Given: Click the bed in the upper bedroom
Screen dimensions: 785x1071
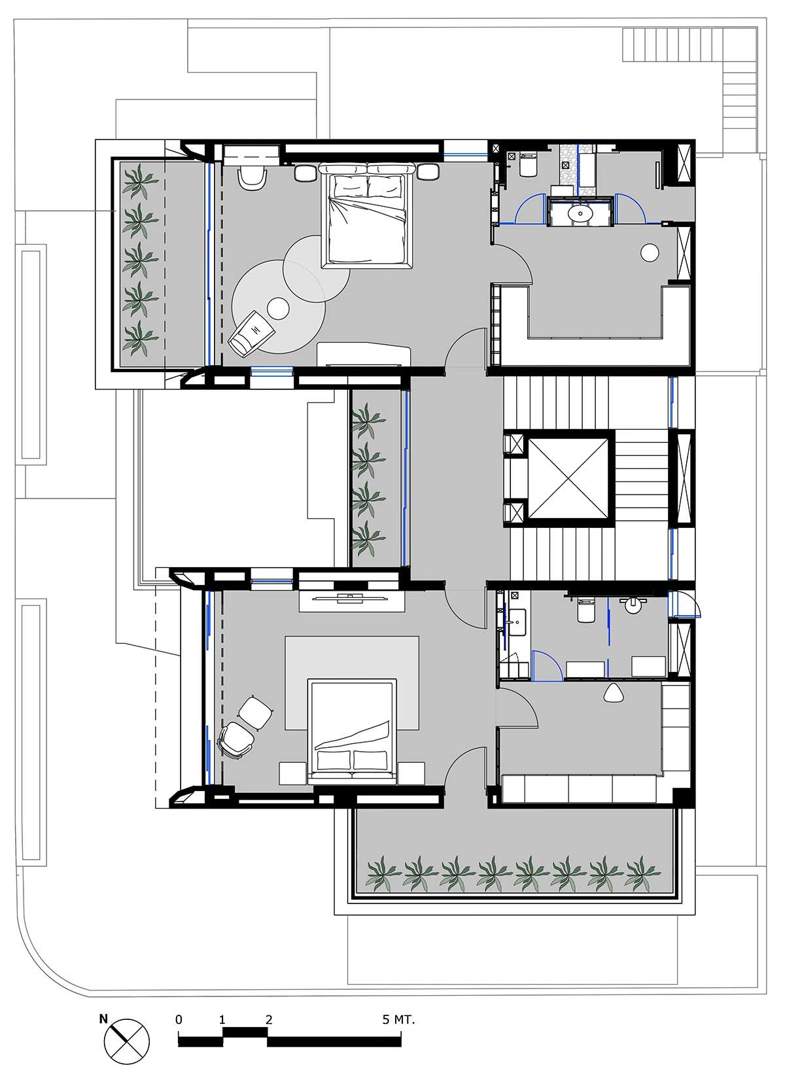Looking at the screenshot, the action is coord(367,216).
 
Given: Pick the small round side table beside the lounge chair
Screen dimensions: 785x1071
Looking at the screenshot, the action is coord(278,309).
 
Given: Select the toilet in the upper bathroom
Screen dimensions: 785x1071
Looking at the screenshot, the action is coord(529,164).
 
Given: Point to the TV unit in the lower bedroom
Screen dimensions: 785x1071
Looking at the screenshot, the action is coord(352,601).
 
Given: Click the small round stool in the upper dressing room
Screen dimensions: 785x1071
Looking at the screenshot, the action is coord(649,253).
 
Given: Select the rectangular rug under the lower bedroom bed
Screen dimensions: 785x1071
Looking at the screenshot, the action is coord(352,683).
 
